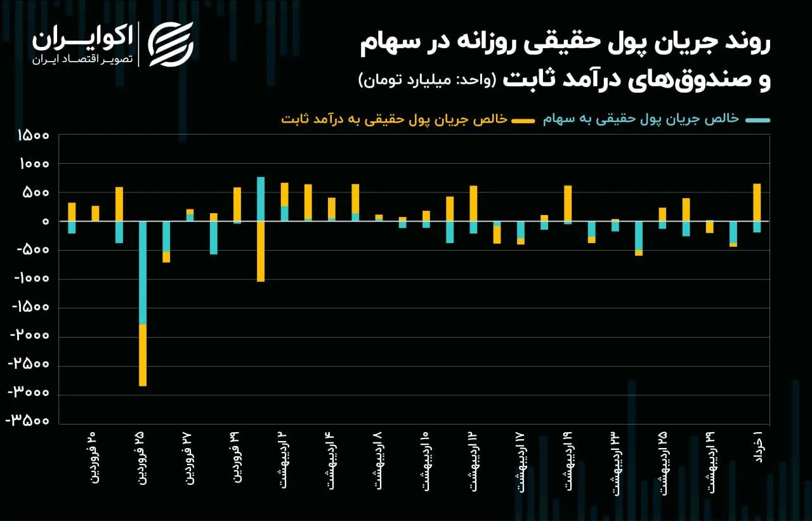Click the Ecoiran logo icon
click(x=170, y=44)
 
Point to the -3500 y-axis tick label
click(x=28, y=421)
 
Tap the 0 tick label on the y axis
click(x=45, y=221)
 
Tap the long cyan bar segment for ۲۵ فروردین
click(x=143, y=273)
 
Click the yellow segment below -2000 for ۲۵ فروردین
click(x=143, y=355)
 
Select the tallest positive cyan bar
click(x=261, y=199)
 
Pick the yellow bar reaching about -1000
click(x=261, y=251)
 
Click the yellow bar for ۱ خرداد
click(x=757, y=202)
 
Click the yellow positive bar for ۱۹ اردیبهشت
click(x=568, y=204)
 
